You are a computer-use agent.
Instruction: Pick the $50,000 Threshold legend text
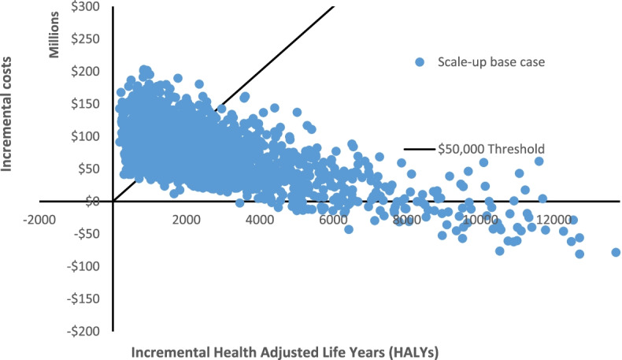(x=492, y=148)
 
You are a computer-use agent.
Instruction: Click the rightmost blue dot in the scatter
(x=616, y=252)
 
